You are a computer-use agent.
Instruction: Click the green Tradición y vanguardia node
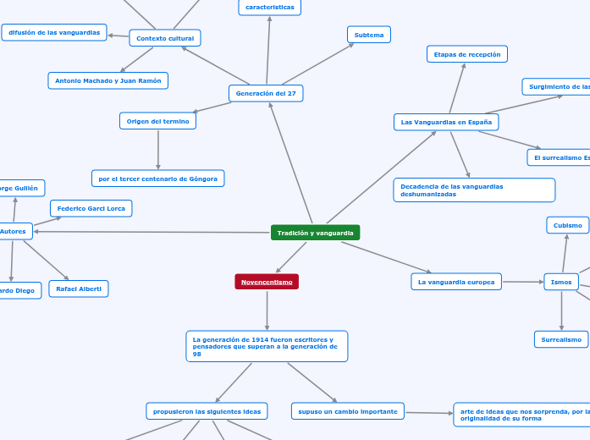pos(315,233)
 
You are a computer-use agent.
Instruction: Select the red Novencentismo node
pos(267,282)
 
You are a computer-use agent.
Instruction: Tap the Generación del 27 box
pos(266,93)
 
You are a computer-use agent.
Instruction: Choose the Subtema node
pos(368,35)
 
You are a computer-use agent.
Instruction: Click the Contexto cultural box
pos(164,38)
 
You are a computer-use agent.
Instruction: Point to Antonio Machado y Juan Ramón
pos(108,80)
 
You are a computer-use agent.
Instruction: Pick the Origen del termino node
pos(157,121)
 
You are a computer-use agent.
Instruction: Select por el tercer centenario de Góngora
pos(157,179)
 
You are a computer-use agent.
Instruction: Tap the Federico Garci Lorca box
pos(91,208)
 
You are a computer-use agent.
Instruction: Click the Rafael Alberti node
pos(79,289)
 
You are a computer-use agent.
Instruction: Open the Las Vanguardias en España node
pos(446,122)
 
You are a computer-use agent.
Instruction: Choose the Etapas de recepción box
pos(466,54)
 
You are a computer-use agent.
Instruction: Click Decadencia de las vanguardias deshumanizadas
pos(474,190)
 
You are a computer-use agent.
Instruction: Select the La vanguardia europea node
pos(456,282)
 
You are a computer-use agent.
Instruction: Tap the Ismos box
pos(561,282)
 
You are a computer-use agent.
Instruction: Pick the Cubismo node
pos(568,225)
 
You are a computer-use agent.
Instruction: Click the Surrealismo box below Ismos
pos(561,339)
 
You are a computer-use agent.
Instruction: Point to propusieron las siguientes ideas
pos(207,411)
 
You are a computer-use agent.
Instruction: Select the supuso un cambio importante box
pos(347,411)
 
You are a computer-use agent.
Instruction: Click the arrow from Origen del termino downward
pos(158,150)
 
